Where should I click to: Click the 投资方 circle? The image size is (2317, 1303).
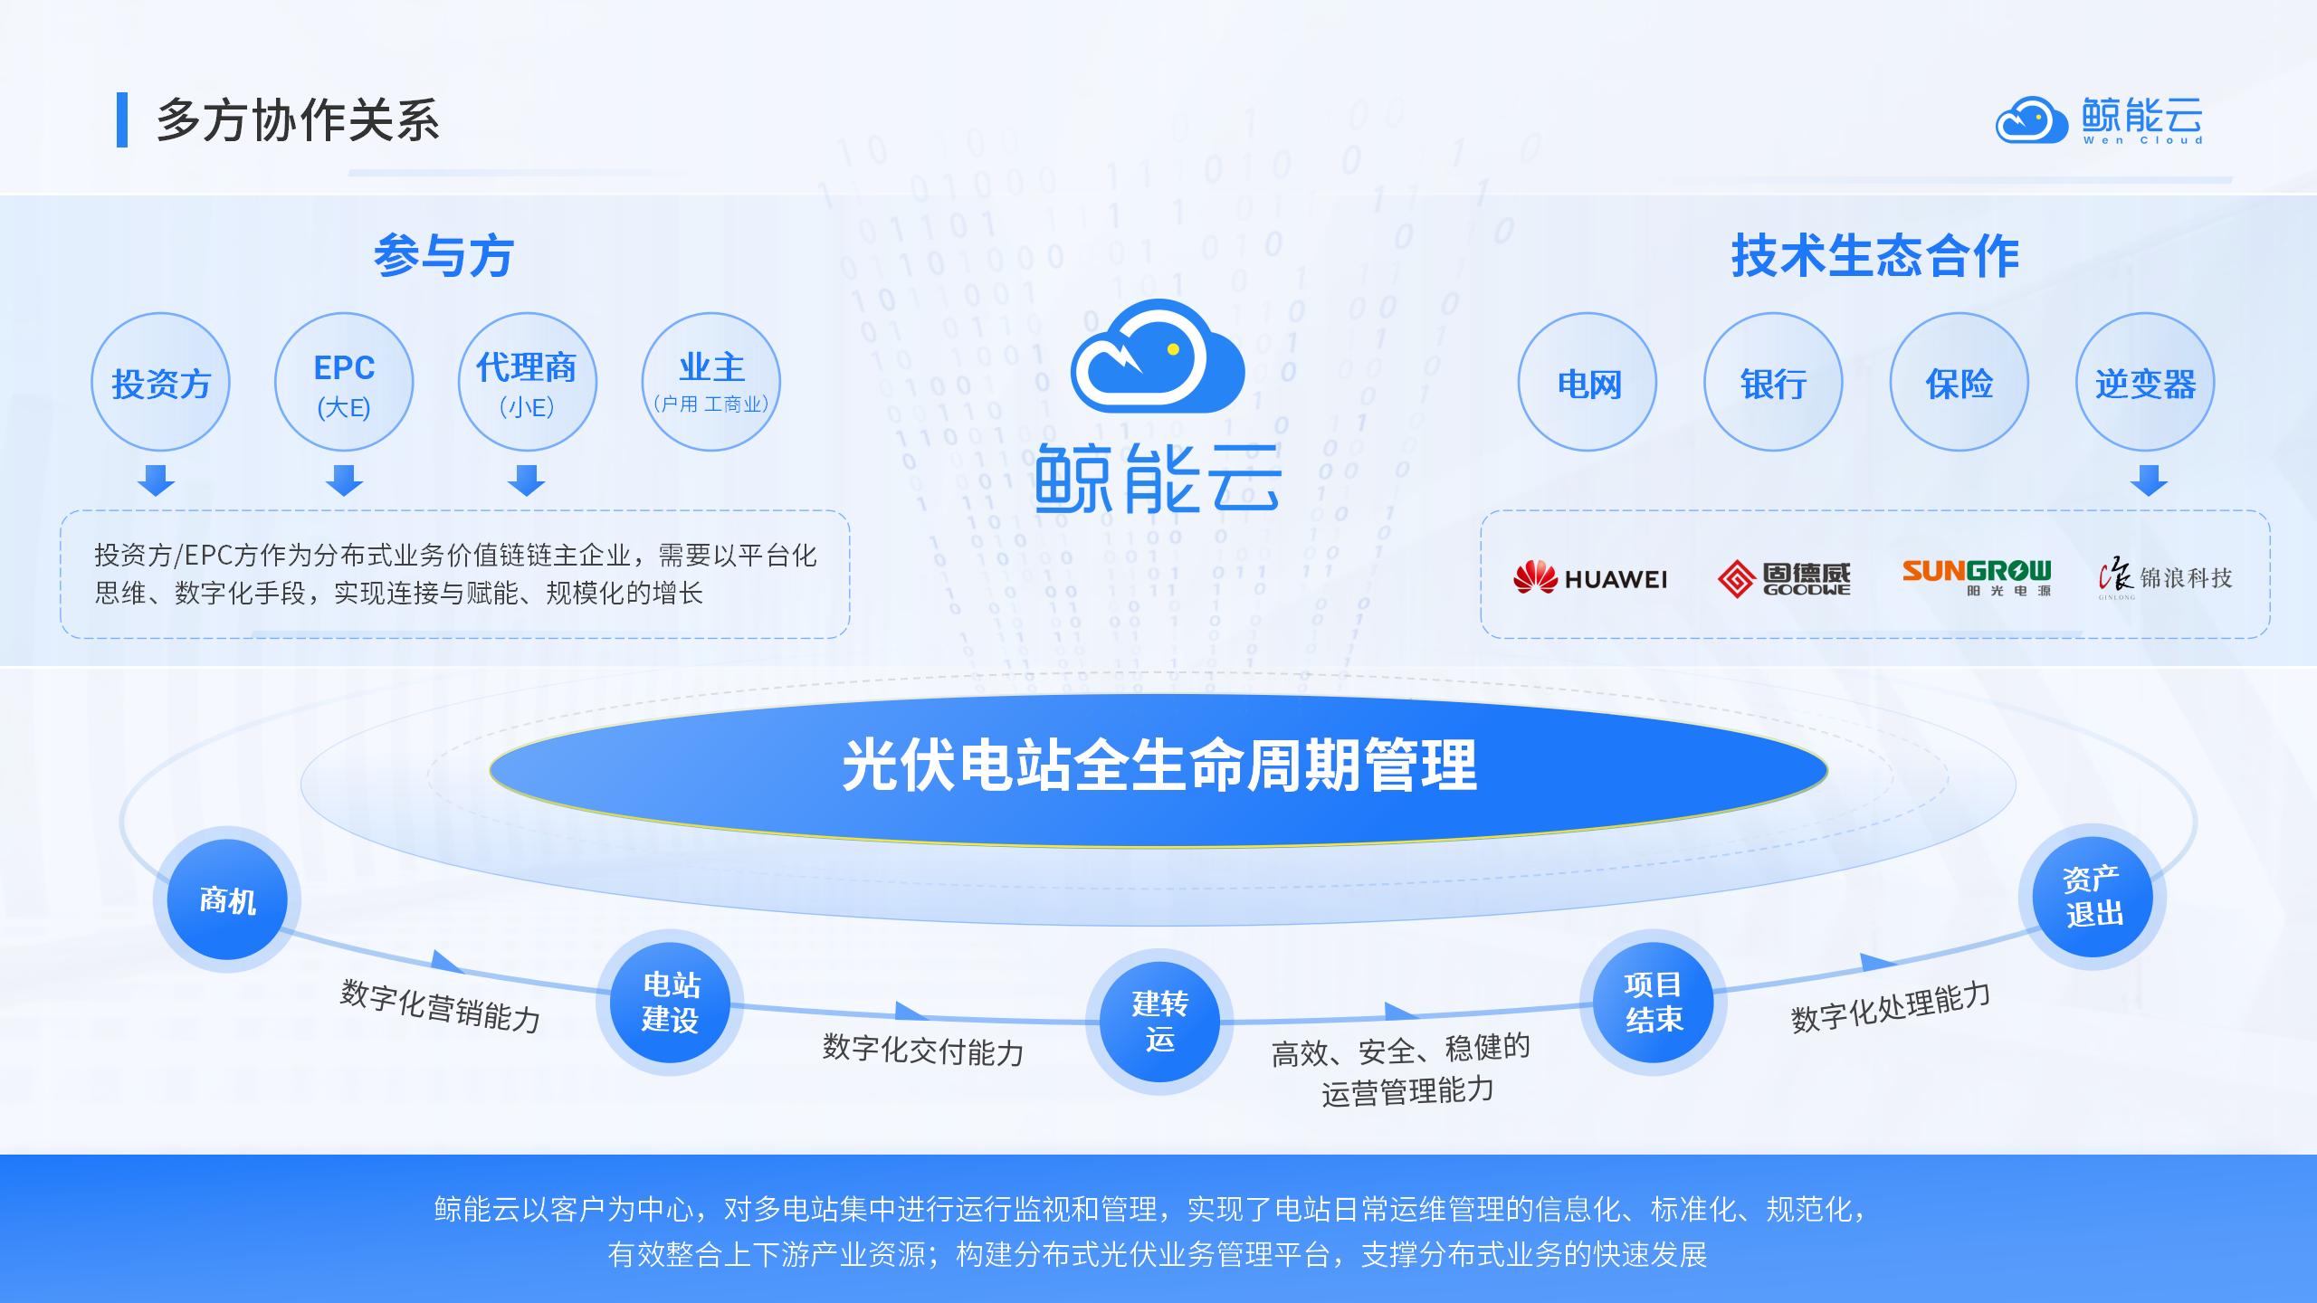(x=160, y=382)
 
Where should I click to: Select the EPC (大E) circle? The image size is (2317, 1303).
(x=344, y=382)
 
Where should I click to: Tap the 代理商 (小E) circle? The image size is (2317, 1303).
(x=528, y=382)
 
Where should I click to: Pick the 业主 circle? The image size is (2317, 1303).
(x=711, y=382)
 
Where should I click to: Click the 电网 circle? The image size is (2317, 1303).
(x=1588, y=382)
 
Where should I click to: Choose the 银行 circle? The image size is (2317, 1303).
(x=1773, y=382)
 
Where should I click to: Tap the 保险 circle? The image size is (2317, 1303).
(x=1959, y=382)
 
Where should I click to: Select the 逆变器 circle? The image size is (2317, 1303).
(x=2145, y=382)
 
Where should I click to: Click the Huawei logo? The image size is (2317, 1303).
(x=1590, y=578)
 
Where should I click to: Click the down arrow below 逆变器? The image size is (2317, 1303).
(x=2149, y=480)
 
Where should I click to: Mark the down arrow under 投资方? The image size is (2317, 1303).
(x=156, y=480)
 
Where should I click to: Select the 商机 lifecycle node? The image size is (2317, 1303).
(x=227, y=899)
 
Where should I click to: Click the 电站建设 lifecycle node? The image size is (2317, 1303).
(x=670, y=1002)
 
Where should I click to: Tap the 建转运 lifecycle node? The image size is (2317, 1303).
(x=1159, y=1022)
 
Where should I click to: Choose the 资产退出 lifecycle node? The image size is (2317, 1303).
(x=2093, y=897)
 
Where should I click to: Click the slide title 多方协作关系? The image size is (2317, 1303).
(x=298, y=120)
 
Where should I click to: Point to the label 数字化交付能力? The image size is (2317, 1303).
(x=923, y=1050)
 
